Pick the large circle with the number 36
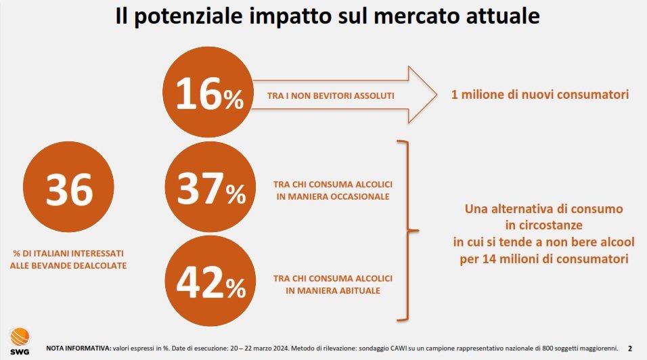[68, 189]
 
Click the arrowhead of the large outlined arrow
[420, 95]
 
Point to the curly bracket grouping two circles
[407, 230]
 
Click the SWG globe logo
[20, 337]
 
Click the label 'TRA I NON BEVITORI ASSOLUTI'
[331, 95]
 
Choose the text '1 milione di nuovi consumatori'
[540, 94]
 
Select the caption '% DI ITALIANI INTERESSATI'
[68, 253]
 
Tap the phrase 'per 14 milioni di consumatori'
[543, 258]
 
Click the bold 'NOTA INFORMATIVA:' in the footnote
[78, 348]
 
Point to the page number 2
[630, 348]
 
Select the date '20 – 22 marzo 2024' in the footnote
[258, 348]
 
